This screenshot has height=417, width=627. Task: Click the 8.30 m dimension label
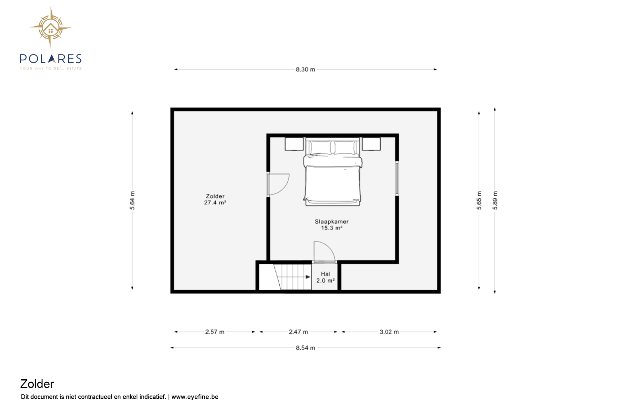click(306, 69)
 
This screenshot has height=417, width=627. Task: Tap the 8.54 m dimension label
click(306, 348)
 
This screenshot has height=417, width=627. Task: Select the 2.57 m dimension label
click(215, 332)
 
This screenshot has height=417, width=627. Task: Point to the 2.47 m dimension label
click(298, 332)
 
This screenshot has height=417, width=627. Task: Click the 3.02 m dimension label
click(389, 332)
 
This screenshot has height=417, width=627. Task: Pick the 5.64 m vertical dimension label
click(132, 201)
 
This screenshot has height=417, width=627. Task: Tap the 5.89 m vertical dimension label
click(495, 201)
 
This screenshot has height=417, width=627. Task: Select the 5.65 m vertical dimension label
click(479, 201)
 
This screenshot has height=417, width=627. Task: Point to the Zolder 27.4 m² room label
click(215, 199)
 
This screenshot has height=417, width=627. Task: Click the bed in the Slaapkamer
click(333, 172)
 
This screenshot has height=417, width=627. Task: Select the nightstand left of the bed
click(294, 144)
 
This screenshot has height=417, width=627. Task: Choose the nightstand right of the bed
click(371, 144)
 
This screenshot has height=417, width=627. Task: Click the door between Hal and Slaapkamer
click(324, 252)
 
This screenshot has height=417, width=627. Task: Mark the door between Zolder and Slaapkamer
click(278, 184)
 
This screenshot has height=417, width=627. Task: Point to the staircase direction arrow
click(296, 277)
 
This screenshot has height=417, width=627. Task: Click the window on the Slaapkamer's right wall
click(397, 179)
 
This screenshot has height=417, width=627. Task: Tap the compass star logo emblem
click(50, 27)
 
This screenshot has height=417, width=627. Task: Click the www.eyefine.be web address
click(195, 397)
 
